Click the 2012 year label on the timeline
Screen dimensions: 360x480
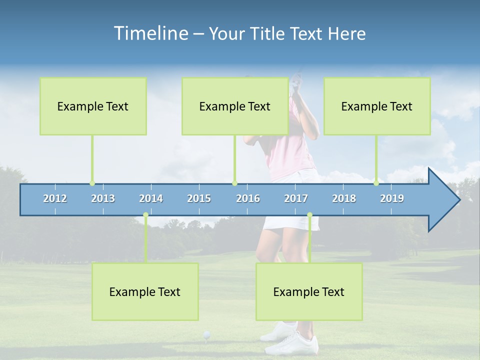[x=55, y=199]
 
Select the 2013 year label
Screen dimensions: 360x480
[x=103, y=199]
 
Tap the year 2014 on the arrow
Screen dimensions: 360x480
[x=151, y=199]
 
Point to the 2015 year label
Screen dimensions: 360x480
[x=199, y=199]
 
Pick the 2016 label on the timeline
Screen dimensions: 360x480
[x=248, y=199]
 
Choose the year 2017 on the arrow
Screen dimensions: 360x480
[x=296, y=199]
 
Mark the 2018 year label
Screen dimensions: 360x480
[x=344, y=199]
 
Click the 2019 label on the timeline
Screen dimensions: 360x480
[x=392, y=199]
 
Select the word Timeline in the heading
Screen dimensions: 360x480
[x=150, y=33]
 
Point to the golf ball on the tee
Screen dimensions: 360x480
[x=206, y=334]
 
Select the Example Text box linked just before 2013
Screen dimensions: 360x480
[x=93, y=106]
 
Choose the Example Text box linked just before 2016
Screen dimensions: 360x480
[x=235, y=106]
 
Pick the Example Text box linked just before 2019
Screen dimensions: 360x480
[x=377, y=106]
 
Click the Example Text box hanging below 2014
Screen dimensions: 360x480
[x=145, y=291]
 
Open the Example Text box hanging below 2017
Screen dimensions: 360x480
[x=309, y=291]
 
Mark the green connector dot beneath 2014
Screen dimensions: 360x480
[x=145, y=215]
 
